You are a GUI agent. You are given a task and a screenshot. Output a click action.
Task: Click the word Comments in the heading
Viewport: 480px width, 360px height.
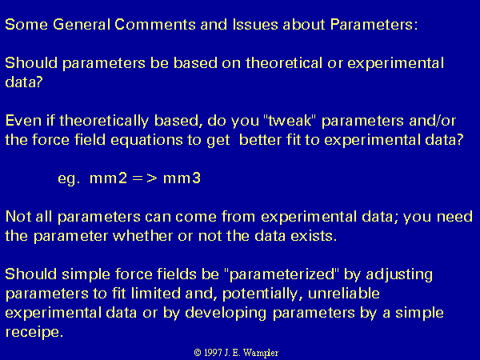[x=155, y=25]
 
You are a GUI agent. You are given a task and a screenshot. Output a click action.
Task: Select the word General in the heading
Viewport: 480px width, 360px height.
[x=82, y=25]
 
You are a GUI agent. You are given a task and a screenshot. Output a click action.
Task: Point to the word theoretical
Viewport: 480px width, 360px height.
[x=284, y=63]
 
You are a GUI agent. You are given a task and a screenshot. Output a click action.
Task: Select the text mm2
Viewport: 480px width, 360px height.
[x=108, y=178]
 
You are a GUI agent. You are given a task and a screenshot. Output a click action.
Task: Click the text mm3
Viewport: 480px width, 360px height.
[x=182, y=178]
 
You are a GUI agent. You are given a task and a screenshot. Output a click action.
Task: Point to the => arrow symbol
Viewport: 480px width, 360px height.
[x=145, y=178]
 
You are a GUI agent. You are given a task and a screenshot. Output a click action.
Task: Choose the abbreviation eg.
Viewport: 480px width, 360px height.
[x=69, y=178]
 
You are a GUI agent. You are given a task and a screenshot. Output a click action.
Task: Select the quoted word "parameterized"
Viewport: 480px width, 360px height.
[x=282, y=274]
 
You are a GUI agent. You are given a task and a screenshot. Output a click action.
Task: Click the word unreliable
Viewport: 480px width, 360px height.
[x=344, y=294]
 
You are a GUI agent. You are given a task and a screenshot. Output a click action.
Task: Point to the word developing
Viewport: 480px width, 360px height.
[x=226, y=314]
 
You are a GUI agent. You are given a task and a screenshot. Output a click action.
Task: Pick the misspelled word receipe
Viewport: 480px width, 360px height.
[x=34, y=333]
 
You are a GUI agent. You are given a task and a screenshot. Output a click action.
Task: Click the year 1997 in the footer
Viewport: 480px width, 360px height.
[x=213, y=353]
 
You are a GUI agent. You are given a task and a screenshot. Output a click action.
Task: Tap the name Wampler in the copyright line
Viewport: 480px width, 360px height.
[x=261, y=353]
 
